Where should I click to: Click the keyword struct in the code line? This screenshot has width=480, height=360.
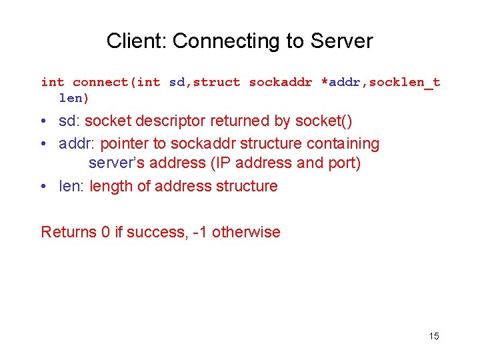(217, 83)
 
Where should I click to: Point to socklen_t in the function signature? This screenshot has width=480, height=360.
(405, 83)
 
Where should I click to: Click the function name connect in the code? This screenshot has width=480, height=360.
(101, 83)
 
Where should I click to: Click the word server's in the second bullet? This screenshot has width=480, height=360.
(114, 163)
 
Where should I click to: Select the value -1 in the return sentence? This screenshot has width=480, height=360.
(201, 232)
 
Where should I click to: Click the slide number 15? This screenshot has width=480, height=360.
(434, 336)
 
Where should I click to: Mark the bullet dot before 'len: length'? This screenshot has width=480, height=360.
(43, 187)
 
